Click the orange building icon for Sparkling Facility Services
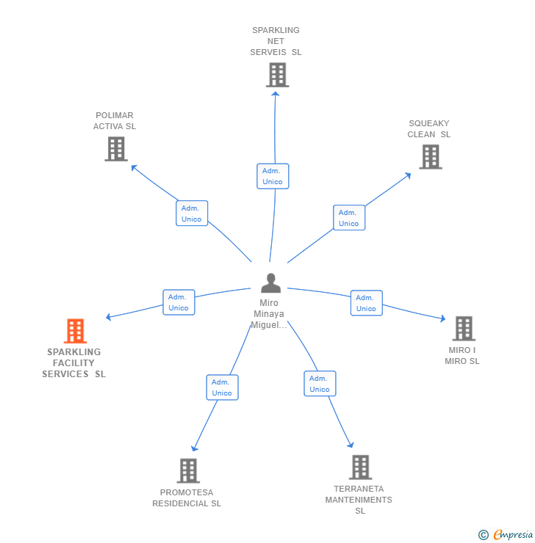[x=75, y=331]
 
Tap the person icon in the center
[x=271, y=283]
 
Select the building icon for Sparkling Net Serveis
[x=277, y=75]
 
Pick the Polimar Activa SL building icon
[x=115, y=149]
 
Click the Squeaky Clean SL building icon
[x=430, y=156]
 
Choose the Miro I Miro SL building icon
[x=463, y=329]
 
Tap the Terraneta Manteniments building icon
[x=360, y=467]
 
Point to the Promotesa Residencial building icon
[x=188, y=470]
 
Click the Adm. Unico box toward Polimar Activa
[x=192, y=214]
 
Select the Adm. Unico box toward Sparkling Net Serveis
[x=273, y=176]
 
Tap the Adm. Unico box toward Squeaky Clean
[x=349, y=218]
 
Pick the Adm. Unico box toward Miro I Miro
[x=366, y=303]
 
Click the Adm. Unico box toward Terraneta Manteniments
[x=320, y=384]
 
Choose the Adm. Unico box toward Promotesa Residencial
[x=222, y=387]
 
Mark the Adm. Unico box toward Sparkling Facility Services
[x=179, y=302]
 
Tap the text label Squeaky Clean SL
[x=429, y=129]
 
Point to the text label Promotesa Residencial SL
[x=187, y=498]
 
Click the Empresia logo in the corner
[x=506, y=535]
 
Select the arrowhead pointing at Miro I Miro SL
[x=442, y=318]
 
